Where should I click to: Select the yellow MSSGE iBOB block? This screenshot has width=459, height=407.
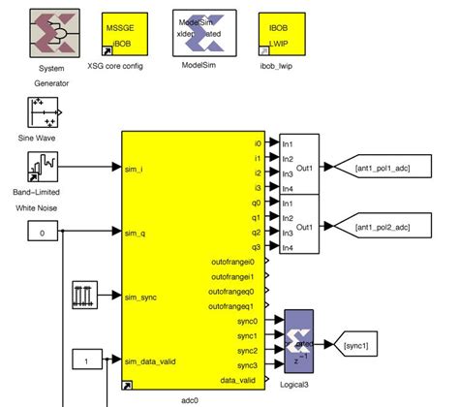(x=123, y=36)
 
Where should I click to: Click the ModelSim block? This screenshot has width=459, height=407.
(x=199, y=35)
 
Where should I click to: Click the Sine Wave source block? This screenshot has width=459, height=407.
(x=45, y=115)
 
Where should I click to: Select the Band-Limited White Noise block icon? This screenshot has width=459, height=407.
(x=45, y=175)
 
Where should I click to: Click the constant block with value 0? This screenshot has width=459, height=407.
(x=43, y=233)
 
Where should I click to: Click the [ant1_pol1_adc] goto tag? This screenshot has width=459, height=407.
(x=382, y=168)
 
